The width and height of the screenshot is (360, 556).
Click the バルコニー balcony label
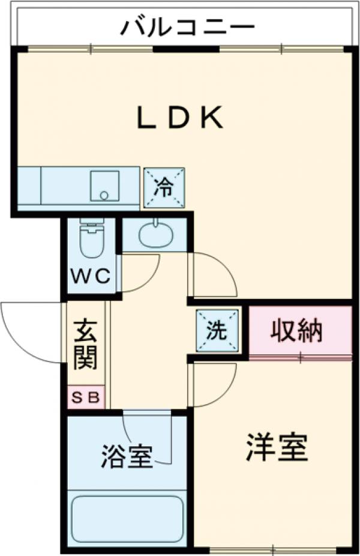[x=188, y=28]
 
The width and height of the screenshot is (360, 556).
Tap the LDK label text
[x=181, y=118]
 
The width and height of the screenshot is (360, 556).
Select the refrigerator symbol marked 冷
[x=164, y=188]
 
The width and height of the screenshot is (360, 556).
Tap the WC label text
[x=92, y=277]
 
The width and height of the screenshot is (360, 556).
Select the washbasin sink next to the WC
[x=156, y=234]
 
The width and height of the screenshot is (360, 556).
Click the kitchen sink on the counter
[x=104, y=186]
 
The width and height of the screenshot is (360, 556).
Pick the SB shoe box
[x=86, y=397]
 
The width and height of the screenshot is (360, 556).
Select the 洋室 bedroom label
[x=277, y=447]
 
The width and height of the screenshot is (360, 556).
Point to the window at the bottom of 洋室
[x=273, y=549]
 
